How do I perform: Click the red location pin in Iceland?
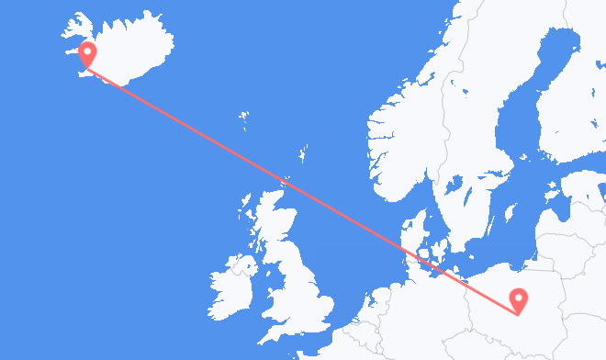coord(88,52)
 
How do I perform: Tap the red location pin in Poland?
coord(520,298)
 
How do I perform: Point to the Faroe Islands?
coord(243,118)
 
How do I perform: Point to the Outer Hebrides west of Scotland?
coord(247,208)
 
